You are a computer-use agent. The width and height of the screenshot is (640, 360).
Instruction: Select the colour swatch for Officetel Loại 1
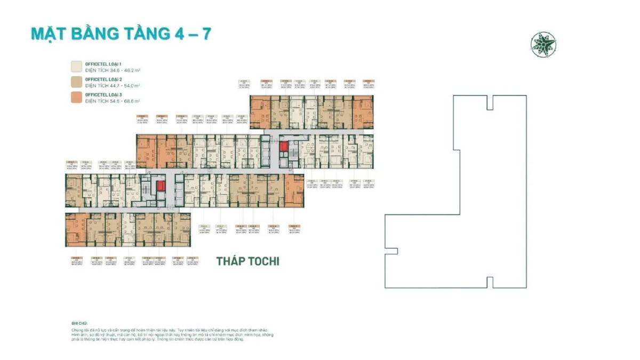[77, 66]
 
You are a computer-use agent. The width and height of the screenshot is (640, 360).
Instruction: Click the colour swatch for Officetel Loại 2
[77, 82]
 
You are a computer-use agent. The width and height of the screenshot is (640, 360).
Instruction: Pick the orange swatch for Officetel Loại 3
[77, 97]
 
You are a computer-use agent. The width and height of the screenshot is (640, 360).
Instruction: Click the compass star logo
[543, 45]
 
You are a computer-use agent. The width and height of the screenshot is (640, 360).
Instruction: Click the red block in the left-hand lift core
[161, 186]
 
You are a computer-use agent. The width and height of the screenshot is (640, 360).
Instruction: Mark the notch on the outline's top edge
[490, 102]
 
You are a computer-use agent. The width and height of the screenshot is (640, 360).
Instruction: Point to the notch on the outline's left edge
[391, 251]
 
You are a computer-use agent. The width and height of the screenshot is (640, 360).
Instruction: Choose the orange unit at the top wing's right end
[363, 111]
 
